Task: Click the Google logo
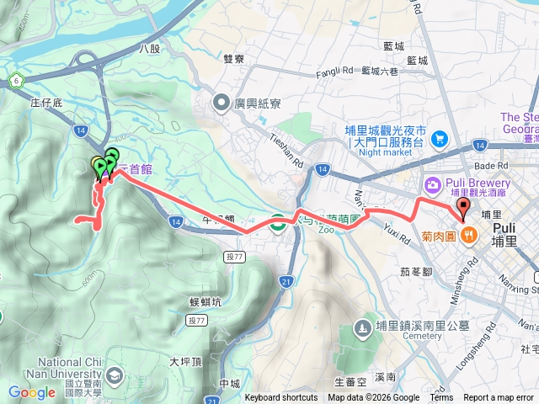tap(32, 392)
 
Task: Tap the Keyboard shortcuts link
tap(281, 398)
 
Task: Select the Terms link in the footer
tap(441, 398)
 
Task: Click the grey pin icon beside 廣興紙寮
tap(221, 104)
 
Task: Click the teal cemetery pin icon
tap(362, 326)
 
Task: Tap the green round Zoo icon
tap(276, 223)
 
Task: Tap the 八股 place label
tap(149, 49)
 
